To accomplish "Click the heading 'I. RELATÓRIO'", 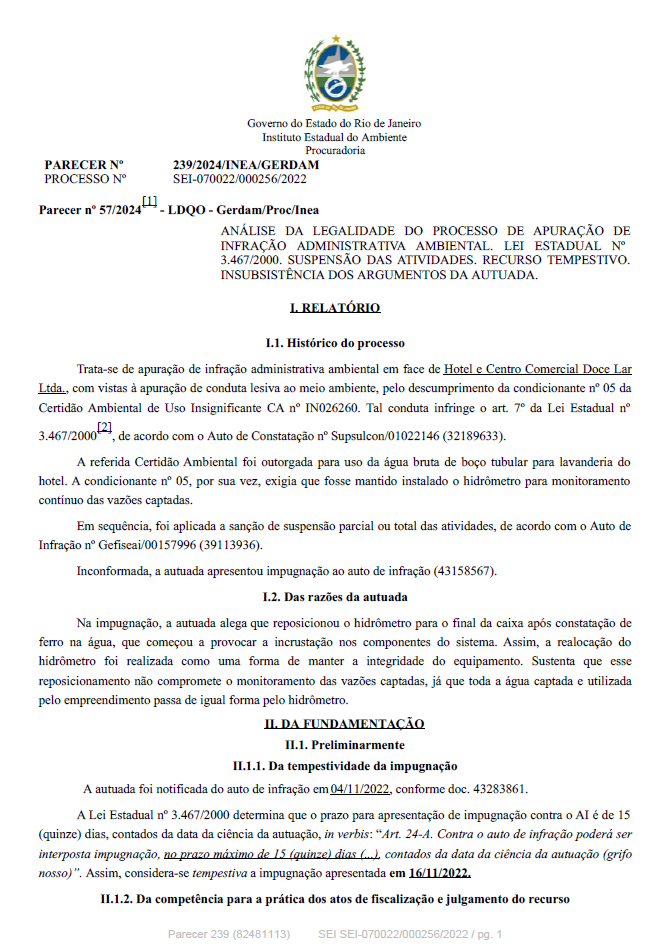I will [334, 308].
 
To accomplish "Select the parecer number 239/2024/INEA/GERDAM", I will [246, 165].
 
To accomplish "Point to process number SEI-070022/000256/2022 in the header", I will [240, 179].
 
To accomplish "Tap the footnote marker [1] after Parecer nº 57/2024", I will [150, 202].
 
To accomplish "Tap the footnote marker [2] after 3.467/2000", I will [104, 427].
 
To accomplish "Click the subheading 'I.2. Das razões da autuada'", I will [334, 597].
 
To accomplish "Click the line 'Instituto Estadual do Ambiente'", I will [334, 137].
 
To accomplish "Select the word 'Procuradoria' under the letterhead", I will [334, 150].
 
